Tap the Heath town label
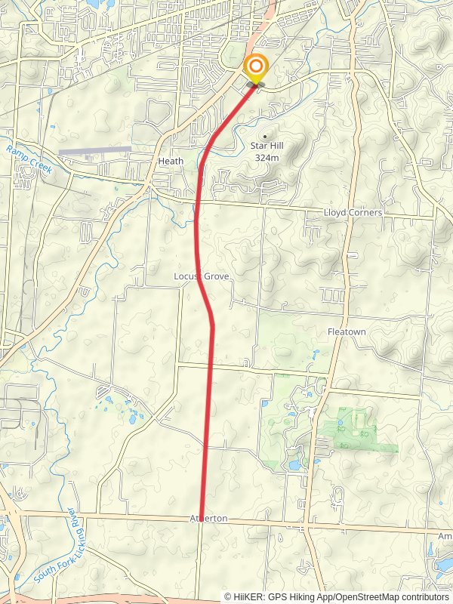coord(171,162)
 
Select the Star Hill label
coord(267,146)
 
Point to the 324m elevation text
coord(267,158)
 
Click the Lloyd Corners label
coord(353,213)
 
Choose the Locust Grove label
coord(201,277)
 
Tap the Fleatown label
coord(347,332)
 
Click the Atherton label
coord(208,520)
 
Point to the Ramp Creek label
coord(29,160)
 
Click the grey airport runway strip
coord(94,150)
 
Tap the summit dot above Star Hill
coord(265,136)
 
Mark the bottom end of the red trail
coord(201,519)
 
